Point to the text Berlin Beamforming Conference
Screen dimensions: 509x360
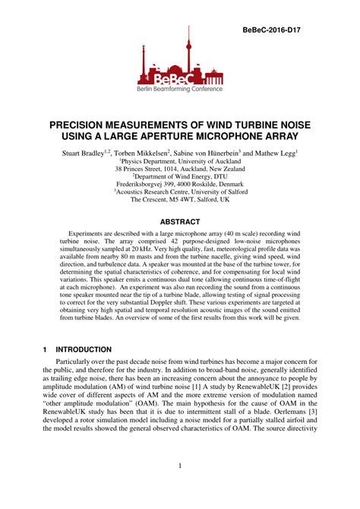pyautogui.click(x=179, y=89)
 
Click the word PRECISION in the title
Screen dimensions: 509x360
pyautogui.click(x=86, y=122)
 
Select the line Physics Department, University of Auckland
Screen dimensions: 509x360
pyautogui.click(x=179, y=162)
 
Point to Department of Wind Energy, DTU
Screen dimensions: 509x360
pyautogui.click(x=179, y=181)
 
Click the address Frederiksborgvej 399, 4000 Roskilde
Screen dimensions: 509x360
pyautogui.click(x=179, y=190)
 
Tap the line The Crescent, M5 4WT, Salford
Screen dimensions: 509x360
pyautogui.click(x=179, y=209)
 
